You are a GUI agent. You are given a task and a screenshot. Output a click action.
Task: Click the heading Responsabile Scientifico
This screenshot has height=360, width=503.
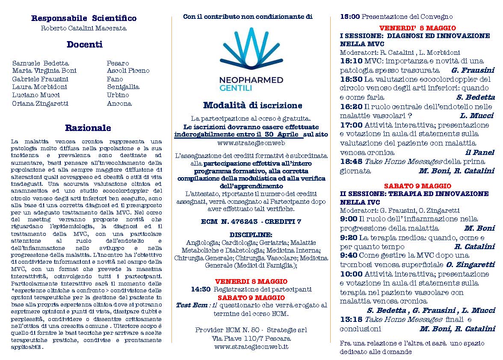coord(84,18)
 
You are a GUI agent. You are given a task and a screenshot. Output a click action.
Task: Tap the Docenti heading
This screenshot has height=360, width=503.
coord(84,45)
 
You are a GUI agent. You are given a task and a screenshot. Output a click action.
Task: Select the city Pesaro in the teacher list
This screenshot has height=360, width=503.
coord(118,63)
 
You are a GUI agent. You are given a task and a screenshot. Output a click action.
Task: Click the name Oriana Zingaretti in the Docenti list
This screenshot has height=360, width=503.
coord(40,104)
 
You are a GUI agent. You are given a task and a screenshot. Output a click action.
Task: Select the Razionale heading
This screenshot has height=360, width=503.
coord(88,128)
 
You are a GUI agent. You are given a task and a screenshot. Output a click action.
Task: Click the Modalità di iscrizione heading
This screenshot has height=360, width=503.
coord(252,105)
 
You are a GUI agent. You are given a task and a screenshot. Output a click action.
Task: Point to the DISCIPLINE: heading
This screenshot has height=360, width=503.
coord(251,235)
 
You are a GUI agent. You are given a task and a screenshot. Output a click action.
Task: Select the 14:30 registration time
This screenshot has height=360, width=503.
coord(201,289)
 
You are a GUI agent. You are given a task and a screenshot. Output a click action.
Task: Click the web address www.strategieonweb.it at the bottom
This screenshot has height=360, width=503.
coord(251,346)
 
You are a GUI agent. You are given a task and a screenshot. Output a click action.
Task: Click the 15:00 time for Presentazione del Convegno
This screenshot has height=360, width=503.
coord(349,17)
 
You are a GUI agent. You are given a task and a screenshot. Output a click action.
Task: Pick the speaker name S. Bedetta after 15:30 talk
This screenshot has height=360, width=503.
coord(475,97)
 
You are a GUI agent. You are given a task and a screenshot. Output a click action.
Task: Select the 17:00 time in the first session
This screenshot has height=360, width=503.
coord(351,125)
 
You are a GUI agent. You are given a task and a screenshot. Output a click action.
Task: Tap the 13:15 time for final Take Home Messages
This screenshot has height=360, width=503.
coord(351,320)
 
